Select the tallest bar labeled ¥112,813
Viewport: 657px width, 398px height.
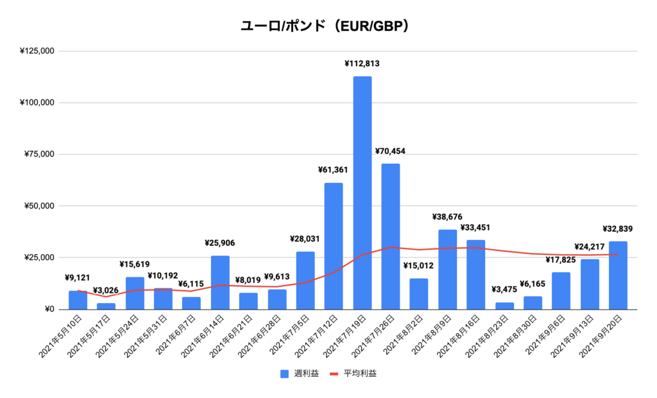[362, 193]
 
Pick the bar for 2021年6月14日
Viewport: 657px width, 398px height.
[220, 282]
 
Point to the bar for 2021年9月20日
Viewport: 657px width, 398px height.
[618, 275]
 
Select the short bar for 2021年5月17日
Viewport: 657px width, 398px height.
[107, 306]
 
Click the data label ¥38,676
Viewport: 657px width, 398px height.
[447, 217]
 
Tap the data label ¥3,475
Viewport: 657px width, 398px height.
[504, 290]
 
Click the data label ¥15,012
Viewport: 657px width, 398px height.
[419, 266]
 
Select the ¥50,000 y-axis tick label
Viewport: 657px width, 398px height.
[38, 206]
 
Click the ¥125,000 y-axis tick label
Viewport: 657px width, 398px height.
[36, 51]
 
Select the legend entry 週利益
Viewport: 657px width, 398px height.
[298, 374]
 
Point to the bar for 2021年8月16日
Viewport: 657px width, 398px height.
[475, 275]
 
